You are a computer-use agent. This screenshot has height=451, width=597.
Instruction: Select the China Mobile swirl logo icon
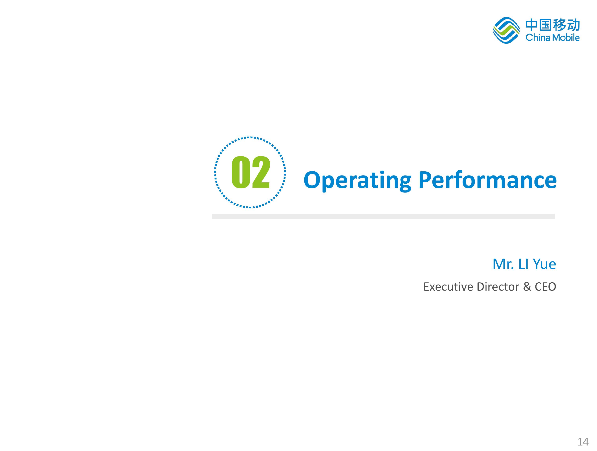(506, 30)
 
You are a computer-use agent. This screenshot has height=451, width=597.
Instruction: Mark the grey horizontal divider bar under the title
(383, 216)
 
